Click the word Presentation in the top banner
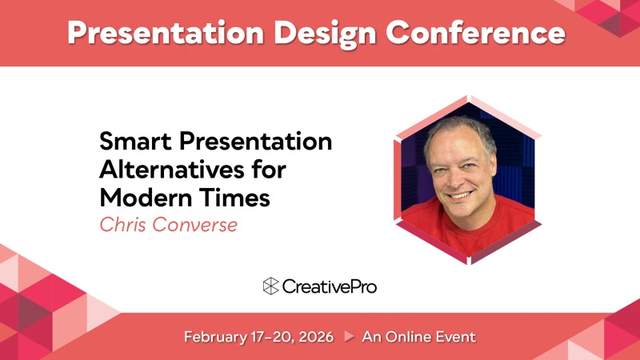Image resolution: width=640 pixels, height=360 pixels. pyautogui.click(x=166, y=33)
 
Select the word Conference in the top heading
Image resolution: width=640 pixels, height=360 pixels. pyautogui.click(x=475, y=32)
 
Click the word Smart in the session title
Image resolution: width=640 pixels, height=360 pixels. pyautogui.click(x=135, y=142)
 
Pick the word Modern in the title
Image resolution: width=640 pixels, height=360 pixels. pyautogui.click(x=146, y=198)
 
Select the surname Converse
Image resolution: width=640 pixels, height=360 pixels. pyautogui.click(x=195, y=225)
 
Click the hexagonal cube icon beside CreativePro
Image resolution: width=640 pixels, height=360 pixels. pyautogui.click(x=270, y=286)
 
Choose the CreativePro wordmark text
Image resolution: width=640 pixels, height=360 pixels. pyautogui.click(x=329, y=286)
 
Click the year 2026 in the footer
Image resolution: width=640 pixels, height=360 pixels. pyautogui.click(x=316, y=337)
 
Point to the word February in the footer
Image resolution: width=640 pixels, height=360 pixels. pyautogui.click(x=215, y=337)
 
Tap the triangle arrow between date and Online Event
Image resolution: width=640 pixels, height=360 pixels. pyautogui.click(x=349, y=336)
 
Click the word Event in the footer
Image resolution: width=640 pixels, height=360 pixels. pyautogui.click(x=456, y=337)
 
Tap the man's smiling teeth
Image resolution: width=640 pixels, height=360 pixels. pyautogui.click(x=461, y=195)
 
